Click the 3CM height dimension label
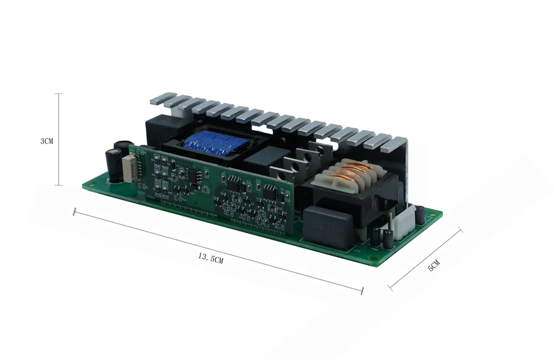pos(47,141)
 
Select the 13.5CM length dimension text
pos(210,258)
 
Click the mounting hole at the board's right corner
pos(432,213)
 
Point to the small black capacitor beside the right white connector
pos(420,213)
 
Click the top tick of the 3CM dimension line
pos(59,94)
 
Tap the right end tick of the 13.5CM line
pos(362,290)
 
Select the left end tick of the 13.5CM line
pos(74,211)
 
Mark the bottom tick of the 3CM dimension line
pos(59,186)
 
